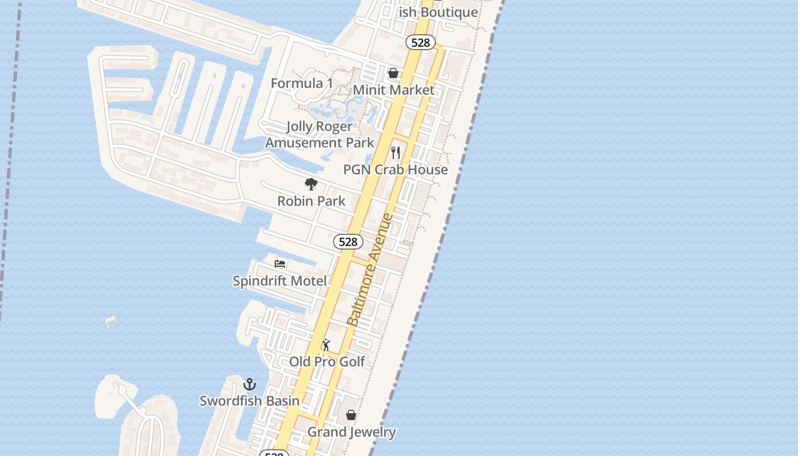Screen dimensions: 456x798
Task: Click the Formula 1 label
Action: pos(302,83)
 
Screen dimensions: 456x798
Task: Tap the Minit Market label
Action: pos(393,90)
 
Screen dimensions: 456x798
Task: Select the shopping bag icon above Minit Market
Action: pos(393,73)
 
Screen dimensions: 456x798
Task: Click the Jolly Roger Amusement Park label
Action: pos(319,135)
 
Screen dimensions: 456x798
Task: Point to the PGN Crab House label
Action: pos(395,170)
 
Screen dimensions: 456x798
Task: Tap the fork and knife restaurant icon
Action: pos(396,153)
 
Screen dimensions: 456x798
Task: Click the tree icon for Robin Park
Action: pos(311,184)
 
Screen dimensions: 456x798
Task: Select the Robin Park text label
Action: pos(311,201)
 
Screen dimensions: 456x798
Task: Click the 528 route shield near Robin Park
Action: pos(348,242)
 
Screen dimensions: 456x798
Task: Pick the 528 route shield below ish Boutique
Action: pos(421,43)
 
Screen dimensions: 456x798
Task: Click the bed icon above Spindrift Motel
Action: pos(280,263)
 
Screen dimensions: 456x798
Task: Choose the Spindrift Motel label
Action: pos(280,281)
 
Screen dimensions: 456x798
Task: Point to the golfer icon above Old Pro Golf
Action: pos(326,345)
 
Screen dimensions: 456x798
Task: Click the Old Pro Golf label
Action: pos(327,362)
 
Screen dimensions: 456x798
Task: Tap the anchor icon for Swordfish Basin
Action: pos(250,384)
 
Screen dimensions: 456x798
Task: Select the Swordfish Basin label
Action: pos(250,401)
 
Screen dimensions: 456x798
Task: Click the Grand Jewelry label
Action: pos(352,432)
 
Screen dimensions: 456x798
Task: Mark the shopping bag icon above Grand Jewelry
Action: pos(351,415)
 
